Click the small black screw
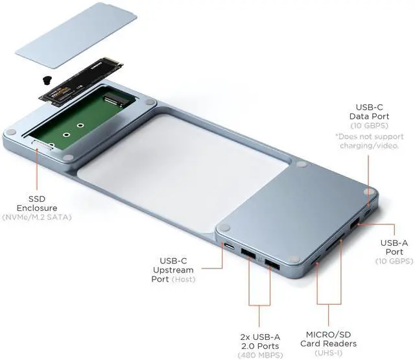(x=47, y=80)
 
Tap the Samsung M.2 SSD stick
(x=81, y=82)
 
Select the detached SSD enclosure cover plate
(x=76, y=35)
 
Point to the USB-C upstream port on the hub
(x=229, y=246)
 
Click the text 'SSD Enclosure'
(x=37, y=203)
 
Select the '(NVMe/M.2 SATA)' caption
(x=37, y=217)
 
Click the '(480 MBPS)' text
(x=260, y=355)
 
